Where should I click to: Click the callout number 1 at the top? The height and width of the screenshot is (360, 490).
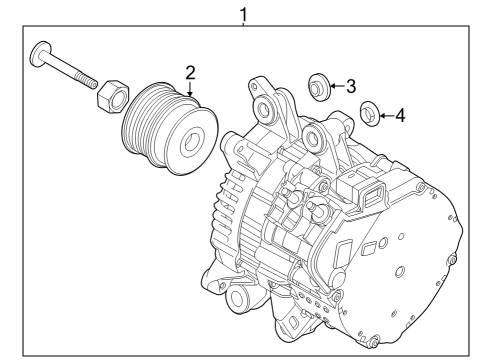(x=243, y=14)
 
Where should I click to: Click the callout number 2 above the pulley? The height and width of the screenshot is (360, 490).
(x=188, y=71)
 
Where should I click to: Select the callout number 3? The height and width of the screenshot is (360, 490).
(x=351, y=86)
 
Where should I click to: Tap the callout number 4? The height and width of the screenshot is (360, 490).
(x=399, y=115)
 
